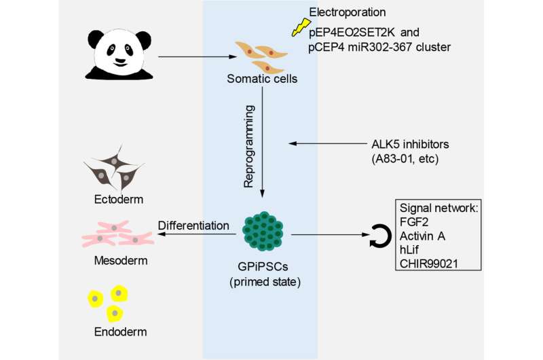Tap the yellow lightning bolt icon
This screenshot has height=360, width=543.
[298, 26]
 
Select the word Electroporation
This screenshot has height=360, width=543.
[348, 12]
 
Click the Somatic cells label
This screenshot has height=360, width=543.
[262, 80]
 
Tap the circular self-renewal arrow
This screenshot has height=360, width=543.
[377, 236]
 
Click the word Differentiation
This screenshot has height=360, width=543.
[193, 225]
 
